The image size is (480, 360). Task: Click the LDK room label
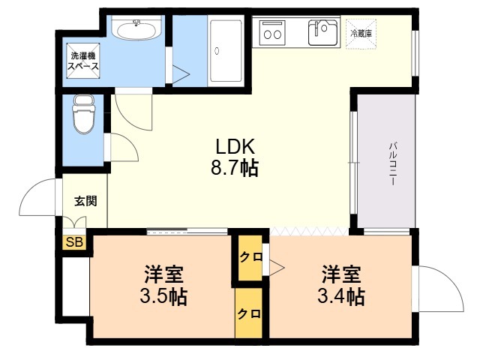235,147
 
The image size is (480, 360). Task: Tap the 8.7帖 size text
235,167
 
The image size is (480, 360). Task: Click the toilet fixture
83,114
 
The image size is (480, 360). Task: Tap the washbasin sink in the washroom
136,29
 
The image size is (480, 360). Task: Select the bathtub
226,51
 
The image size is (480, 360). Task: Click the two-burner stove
272,32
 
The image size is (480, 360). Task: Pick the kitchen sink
322,32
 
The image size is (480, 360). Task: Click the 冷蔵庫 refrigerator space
361,34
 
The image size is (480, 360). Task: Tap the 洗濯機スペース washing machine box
83,61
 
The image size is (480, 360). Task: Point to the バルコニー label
393,163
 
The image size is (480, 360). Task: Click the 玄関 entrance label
85,201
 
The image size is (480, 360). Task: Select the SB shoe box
74,242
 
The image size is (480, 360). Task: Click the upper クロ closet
250,257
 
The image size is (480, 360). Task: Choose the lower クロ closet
249,313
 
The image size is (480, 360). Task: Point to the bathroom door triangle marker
181,74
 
